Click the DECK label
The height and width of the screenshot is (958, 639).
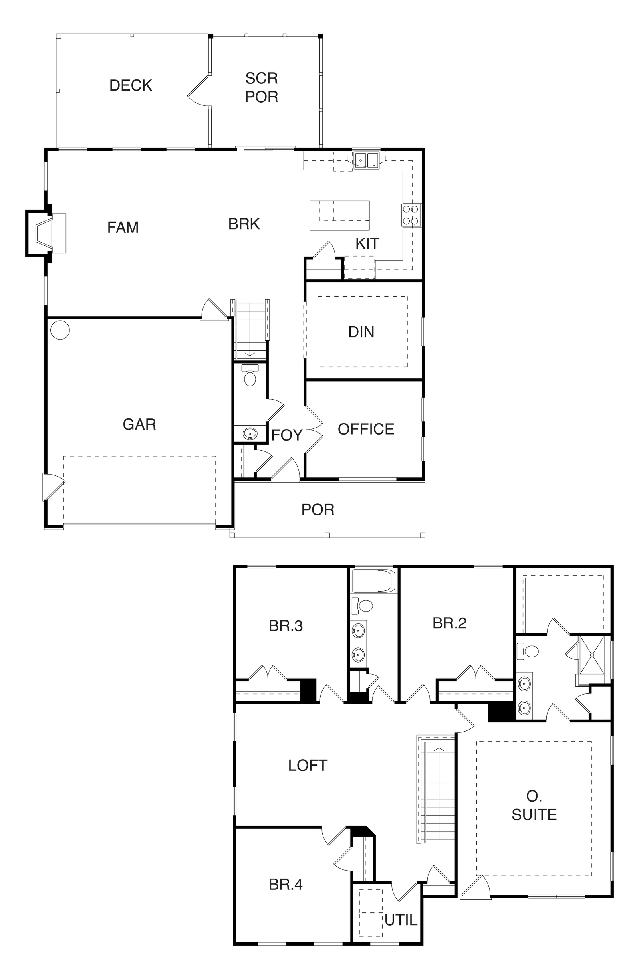pos(131,85)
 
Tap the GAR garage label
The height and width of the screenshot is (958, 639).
pos(139,424)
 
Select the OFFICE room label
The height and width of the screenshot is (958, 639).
pos(366,430)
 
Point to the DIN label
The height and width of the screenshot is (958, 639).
pos(361,332)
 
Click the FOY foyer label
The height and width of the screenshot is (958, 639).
pos(287,435)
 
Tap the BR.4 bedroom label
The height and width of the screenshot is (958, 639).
pos(286,884)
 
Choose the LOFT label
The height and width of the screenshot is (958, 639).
pos(308,765)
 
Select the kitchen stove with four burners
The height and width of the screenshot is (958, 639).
pos(411,216)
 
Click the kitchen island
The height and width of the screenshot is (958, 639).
pos(339,216)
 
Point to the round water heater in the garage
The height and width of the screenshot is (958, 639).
pos(60,330)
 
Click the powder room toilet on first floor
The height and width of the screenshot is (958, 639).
pos(250,375)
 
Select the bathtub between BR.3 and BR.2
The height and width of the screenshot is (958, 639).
pos(374,581)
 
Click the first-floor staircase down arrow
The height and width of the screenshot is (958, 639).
pos(250,354)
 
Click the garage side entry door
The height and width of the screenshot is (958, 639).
pos(54,487)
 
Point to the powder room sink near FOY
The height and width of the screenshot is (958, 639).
pos(250,433)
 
